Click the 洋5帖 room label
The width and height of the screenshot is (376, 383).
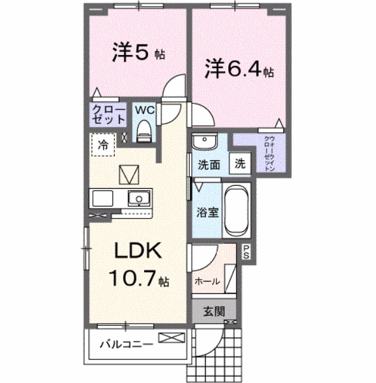(x=138, y=53)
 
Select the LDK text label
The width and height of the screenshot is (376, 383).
(x=137, y=251)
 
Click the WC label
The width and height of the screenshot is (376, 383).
(x=143, y=110)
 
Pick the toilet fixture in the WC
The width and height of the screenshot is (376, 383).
(x=144, y=130)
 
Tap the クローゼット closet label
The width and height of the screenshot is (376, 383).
(x=109, y=115)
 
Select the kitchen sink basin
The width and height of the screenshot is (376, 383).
(x=139, y=199)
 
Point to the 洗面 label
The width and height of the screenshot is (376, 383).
(x=209, y=165)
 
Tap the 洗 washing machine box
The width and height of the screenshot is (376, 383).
(x=240, y=165)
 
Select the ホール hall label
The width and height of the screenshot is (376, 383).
(x=207, y=281)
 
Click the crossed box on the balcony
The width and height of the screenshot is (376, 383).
(x=171, y=338)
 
